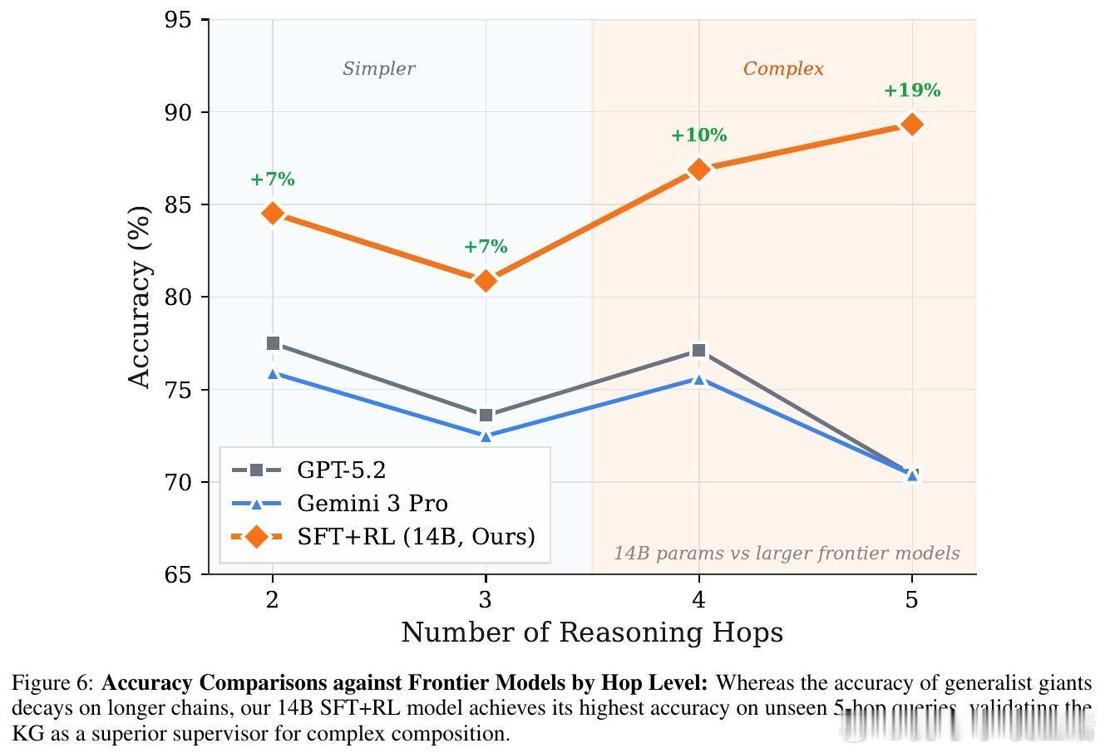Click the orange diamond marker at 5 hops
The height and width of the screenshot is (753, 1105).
click(912, 125)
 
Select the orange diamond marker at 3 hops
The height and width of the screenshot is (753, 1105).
click(486, 281)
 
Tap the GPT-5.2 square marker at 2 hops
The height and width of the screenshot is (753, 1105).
click(273, 343)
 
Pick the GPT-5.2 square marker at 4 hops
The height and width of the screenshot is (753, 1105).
click(699, 351)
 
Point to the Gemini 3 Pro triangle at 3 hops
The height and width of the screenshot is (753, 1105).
click(486, 436)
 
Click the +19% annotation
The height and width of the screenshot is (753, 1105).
click(912, 91)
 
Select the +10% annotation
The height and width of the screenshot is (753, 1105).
click(699, 135)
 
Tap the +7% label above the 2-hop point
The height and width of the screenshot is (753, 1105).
click(273, 180)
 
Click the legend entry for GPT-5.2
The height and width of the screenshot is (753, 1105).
click(341, 470)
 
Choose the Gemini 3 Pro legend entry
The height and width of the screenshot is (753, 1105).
click(372, 504)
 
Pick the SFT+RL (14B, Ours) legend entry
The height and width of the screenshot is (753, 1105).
click(416, 537)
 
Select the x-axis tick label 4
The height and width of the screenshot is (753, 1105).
click(699, 599)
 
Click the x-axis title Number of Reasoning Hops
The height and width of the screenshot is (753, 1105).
click(592, 633)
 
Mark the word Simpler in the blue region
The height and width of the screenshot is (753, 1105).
click(379, 69)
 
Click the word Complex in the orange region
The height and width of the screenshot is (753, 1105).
click(783, 69)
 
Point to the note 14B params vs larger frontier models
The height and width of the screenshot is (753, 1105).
click(787, 554)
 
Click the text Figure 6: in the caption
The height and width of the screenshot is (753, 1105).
click(53, 684)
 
